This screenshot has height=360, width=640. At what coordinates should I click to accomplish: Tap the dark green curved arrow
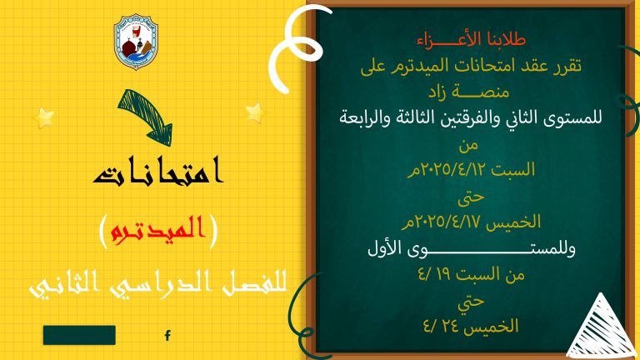pos(145,117)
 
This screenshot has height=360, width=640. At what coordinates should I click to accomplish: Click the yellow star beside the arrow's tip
pos(256,112)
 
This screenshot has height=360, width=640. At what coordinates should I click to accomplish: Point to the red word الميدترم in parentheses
pos(153,229)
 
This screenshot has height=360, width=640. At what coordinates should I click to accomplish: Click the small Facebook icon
pos(167,336)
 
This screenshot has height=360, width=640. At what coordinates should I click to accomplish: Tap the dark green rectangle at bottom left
pos(79,335)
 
